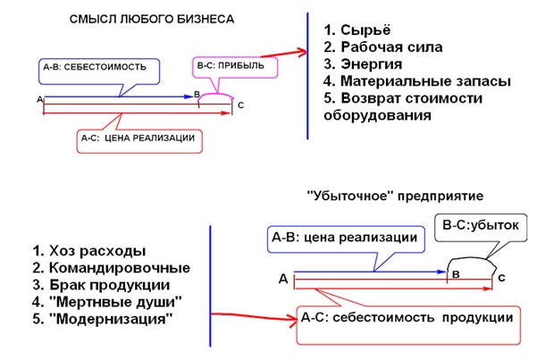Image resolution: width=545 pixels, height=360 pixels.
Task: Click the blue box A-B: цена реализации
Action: [344, 238]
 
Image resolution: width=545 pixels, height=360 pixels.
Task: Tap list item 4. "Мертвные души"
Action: [106, 302]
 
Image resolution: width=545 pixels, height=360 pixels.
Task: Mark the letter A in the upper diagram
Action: [40, 99]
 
